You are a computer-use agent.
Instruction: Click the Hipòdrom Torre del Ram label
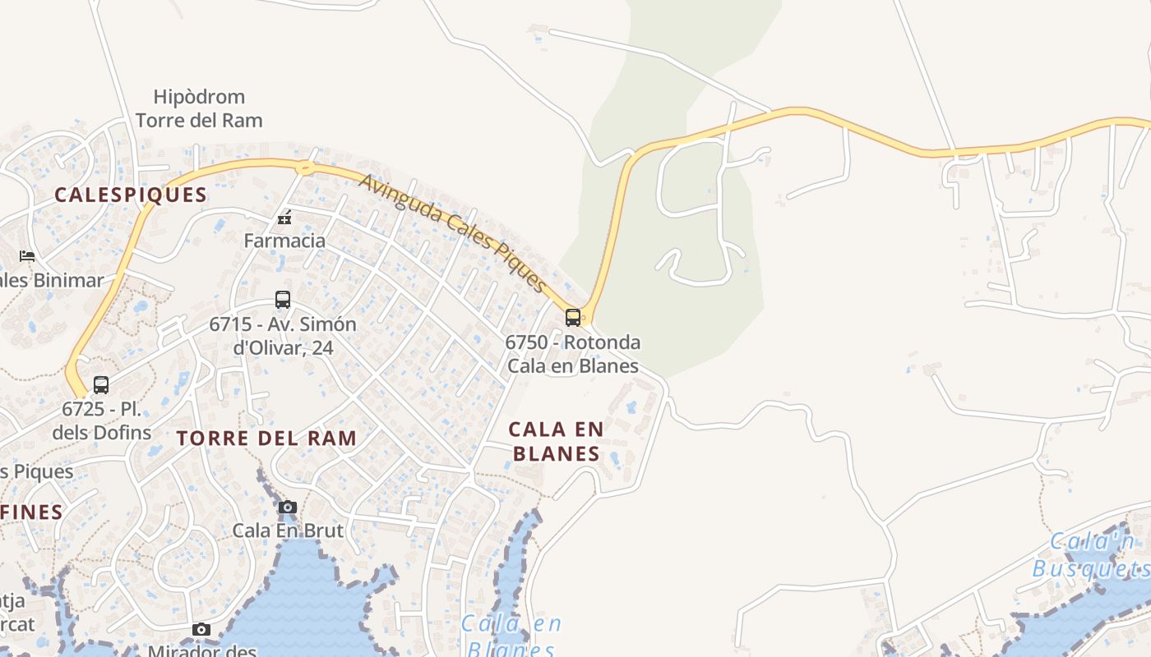tap(199, 108)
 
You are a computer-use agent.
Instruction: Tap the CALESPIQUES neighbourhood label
tap(131, 195)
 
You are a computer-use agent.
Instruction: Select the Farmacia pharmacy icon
tap(284, 218)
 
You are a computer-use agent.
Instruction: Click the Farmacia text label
tap(284, 241)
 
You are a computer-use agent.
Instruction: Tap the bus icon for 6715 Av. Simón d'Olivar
tap(283, 300)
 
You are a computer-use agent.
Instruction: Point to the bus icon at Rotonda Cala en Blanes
tap(573, 317)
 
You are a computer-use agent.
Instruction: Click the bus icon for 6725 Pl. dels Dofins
tap(101, 384)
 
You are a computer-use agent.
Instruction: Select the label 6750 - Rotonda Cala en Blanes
tap(573, 354)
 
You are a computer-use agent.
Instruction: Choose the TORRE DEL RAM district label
tap(267, 438)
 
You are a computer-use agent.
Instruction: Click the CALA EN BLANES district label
tap(557, 441)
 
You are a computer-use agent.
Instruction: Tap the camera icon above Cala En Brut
tap(287, 507)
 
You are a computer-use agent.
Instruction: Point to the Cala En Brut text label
tap(288, 531)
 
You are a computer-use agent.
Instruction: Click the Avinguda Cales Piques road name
tap(453, 233)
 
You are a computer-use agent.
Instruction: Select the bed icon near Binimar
tap(27, 256)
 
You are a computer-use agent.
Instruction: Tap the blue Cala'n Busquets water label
tap(1092, 555)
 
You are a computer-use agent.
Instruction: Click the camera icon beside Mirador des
tap(201, 630)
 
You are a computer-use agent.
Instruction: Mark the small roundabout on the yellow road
tap(305, 168)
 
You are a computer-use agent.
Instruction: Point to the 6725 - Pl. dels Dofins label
tap(102, 420)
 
